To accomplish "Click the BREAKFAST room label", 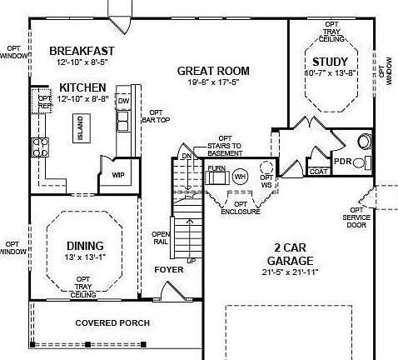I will (81, 50).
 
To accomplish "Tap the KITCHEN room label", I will (82, 87).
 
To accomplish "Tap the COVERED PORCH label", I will (112, 322).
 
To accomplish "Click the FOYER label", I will (169, 269).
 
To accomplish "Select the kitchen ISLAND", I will (81, 129).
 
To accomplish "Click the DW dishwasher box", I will (123, 101).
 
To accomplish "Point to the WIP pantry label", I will (118, 175).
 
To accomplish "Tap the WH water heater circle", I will (240, 176).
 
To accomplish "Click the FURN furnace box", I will (216, 168).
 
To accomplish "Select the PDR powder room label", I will (342, 162).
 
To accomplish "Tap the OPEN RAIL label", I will (161, 237).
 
